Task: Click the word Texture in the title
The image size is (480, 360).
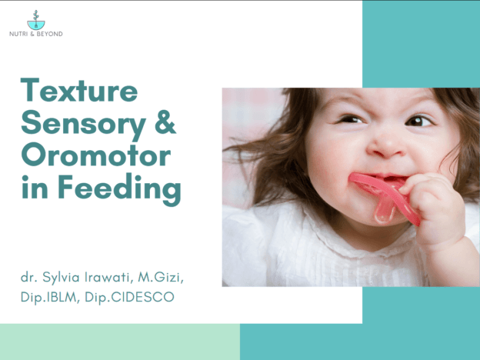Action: tap(79, 90)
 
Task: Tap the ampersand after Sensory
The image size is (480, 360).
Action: tap(165, 122)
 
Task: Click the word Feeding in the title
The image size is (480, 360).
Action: tap(119, 189)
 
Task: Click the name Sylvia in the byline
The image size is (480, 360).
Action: tap(61, 278)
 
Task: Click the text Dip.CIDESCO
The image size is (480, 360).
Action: tap(129, 297)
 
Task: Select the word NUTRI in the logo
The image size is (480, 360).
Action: tap(18, 34)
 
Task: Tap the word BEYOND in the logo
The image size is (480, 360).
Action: tap(49, 34)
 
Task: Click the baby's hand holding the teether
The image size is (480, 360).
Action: tap(435, 208)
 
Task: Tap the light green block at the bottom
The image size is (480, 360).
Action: tap(120, 342)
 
